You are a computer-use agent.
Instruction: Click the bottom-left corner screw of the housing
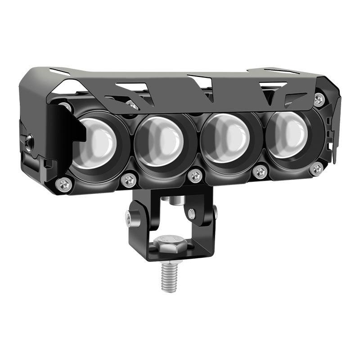point(65,183)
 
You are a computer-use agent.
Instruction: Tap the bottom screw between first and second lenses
point(128,180)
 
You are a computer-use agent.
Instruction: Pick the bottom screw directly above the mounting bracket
point(195,175)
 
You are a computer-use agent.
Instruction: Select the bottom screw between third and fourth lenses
point(260,172)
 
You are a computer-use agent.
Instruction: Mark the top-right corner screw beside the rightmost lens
point(319,100)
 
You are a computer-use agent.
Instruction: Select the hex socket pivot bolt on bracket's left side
point(130,220)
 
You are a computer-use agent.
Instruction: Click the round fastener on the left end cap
point(29,143)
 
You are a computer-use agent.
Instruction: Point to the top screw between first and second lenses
point(132,105)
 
